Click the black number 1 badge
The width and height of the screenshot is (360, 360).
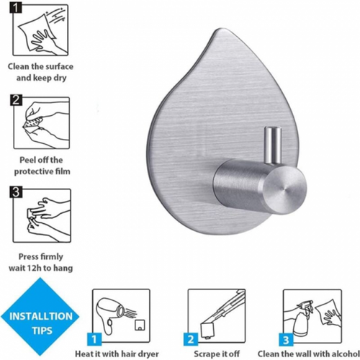[16, 8]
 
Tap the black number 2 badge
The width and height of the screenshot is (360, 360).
[16, 100]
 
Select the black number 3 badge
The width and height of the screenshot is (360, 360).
[16, 192]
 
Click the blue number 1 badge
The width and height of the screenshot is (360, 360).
[94, 339]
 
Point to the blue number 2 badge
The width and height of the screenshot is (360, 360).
[191, 339]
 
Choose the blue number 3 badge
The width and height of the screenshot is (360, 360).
[286, 339]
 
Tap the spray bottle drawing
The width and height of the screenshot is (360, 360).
[303, 316]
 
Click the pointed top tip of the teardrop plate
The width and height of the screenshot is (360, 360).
[221, 30]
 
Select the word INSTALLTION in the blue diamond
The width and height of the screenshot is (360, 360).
[41, 316]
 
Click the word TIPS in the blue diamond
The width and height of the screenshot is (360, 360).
[42, 330]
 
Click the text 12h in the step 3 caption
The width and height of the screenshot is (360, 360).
[35, 268]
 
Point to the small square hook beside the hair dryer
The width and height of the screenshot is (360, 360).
[140, 325]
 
